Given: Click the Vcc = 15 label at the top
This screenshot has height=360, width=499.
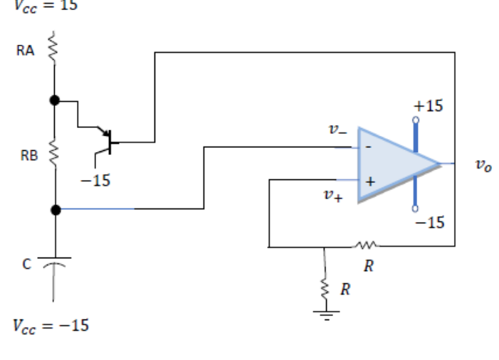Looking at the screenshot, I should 45,6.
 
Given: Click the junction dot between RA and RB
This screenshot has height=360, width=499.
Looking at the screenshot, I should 53,100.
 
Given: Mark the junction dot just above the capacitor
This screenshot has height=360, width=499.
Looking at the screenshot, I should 53,210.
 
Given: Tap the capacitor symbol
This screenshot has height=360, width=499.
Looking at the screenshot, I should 53,263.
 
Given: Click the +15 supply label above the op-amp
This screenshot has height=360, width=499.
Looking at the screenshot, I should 428,107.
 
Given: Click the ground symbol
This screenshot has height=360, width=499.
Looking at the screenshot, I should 325,314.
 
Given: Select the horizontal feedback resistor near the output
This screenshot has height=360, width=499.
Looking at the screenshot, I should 369,246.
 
